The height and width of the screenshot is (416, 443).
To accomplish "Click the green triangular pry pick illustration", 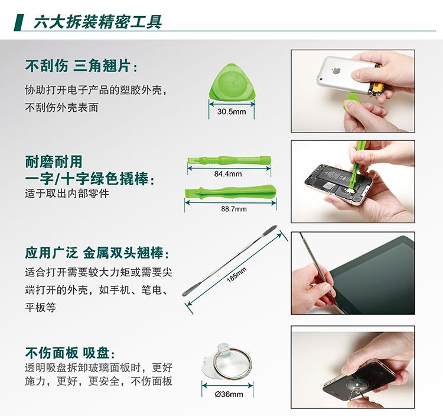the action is click(232, 82).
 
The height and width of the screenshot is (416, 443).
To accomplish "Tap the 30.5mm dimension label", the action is click(232, 111).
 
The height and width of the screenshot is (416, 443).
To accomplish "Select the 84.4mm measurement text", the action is click(228, 174).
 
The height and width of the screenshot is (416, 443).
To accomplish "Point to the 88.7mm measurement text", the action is click(234, 209).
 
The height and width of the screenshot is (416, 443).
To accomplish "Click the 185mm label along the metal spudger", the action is click(237, 275).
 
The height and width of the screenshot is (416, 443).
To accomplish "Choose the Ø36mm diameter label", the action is click(229, 394).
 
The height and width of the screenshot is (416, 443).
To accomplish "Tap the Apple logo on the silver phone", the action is click(335, 70).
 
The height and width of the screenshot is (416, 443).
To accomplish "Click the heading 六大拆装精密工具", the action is click(97, 22).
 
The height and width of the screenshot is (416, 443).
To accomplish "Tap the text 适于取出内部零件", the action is click(67, 194).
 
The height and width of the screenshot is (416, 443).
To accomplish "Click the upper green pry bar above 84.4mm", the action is click(229, 160).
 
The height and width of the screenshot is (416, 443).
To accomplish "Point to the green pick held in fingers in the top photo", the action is click(350, 99).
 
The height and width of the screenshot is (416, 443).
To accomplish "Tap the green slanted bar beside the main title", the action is click(18, 22).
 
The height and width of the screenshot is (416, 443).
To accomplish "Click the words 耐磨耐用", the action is click(54, 162).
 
